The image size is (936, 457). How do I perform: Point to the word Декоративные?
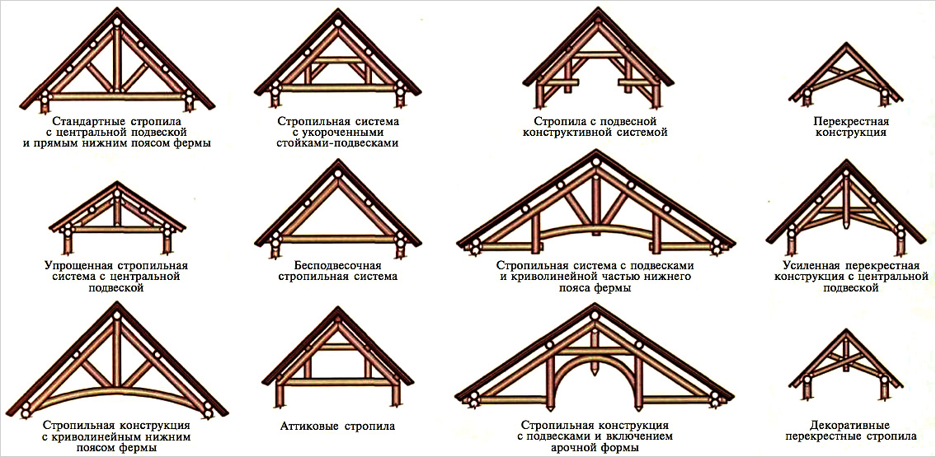pos(850,425)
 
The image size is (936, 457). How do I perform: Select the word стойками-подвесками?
pos(338,143)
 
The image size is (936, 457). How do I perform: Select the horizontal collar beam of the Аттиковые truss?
pos(338,346)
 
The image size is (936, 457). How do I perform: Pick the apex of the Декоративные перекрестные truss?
pos(847,331)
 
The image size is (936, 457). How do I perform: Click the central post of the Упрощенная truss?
pos(118,212)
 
